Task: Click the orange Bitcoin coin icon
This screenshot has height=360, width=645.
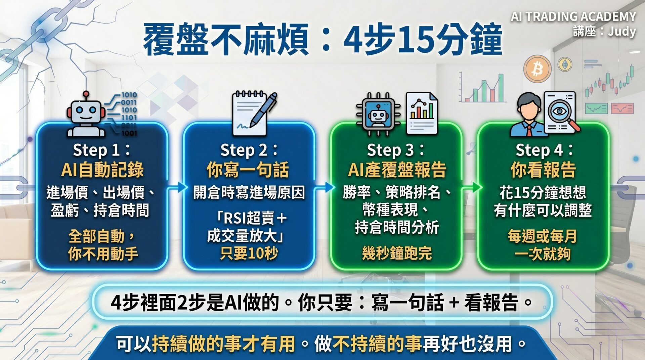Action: click(537, 69)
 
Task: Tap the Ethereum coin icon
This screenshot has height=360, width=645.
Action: click(565, 64)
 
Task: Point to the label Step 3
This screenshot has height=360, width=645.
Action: click(396, 150)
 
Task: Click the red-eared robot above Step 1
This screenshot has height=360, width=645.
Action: click(86, 114)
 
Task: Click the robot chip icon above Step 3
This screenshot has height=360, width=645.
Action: click(379, 114)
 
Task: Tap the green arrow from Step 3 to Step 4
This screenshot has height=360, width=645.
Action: click(470, 188)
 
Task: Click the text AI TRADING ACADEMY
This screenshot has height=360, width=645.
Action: click(573, 16)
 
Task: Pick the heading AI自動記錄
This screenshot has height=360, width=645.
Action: click(102, 170)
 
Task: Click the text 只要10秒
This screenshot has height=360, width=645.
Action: click(249, 253)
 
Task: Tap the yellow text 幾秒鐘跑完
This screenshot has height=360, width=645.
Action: click(397, 253)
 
